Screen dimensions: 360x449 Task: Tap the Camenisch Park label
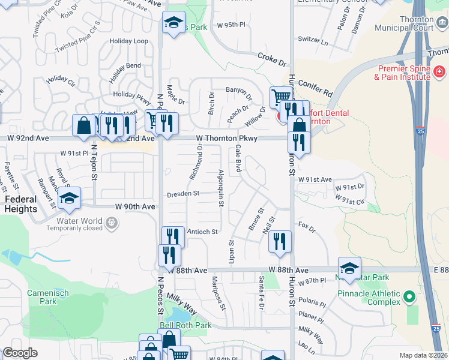48,298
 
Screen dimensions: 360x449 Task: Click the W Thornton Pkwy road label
227,138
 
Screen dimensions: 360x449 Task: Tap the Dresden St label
183,193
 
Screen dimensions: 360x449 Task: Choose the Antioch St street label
201,231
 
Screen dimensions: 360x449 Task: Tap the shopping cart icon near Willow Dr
280,97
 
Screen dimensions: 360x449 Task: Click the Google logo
20,353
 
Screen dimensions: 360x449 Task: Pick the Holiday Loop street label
128,41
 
